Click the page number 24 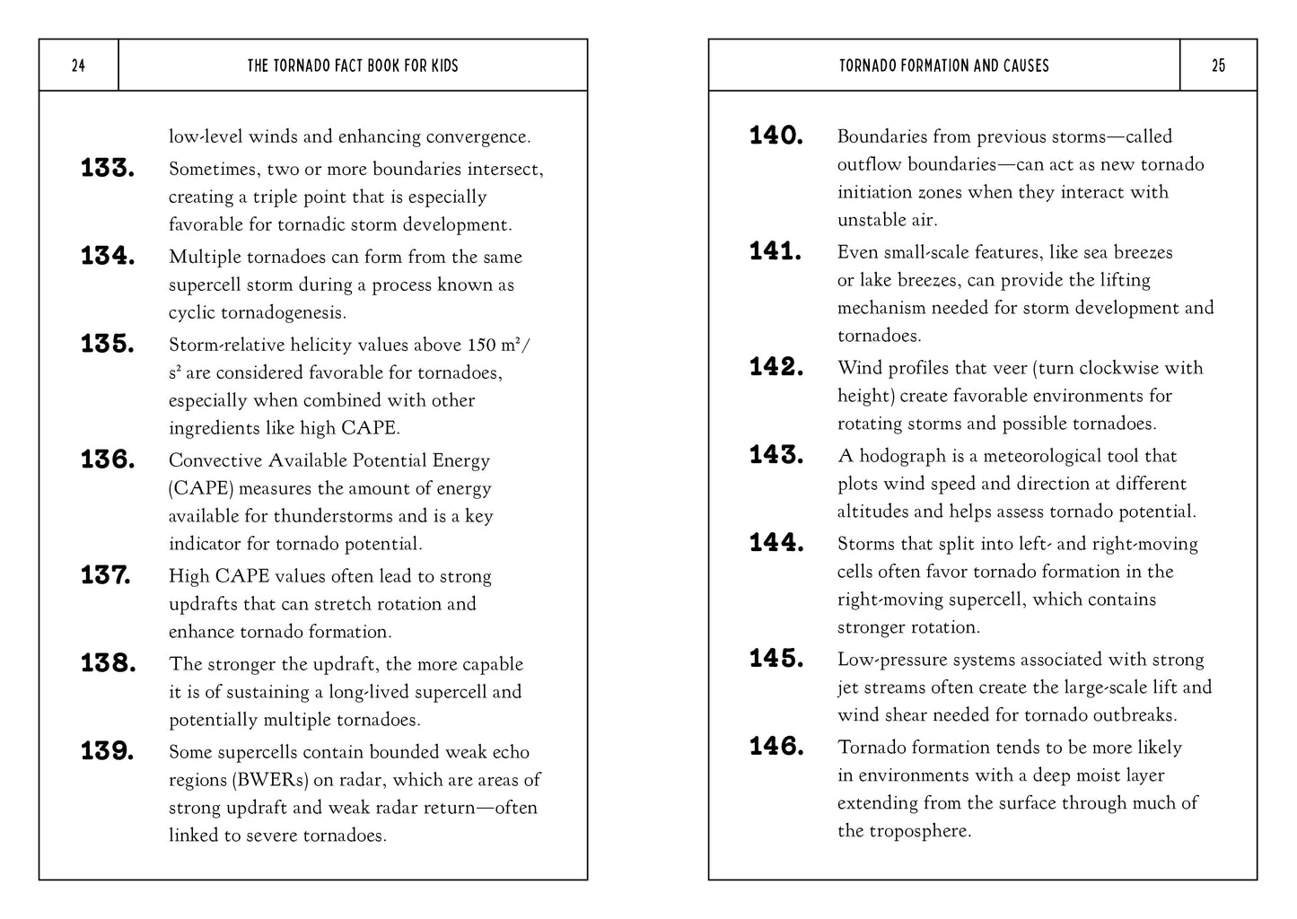(x=78, y=66)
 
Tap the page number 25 (x=1218, y=66)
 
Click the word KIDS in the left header (x=442, y=66)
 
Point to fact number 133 (x=108, y=168)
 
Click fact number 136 (x=108, y=459)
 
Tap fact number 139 (x=108, y=751)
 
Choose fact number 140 (x=776, y=136)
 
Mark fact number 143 (x=776, y=455)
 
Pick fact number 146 (x=776, y=747)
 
